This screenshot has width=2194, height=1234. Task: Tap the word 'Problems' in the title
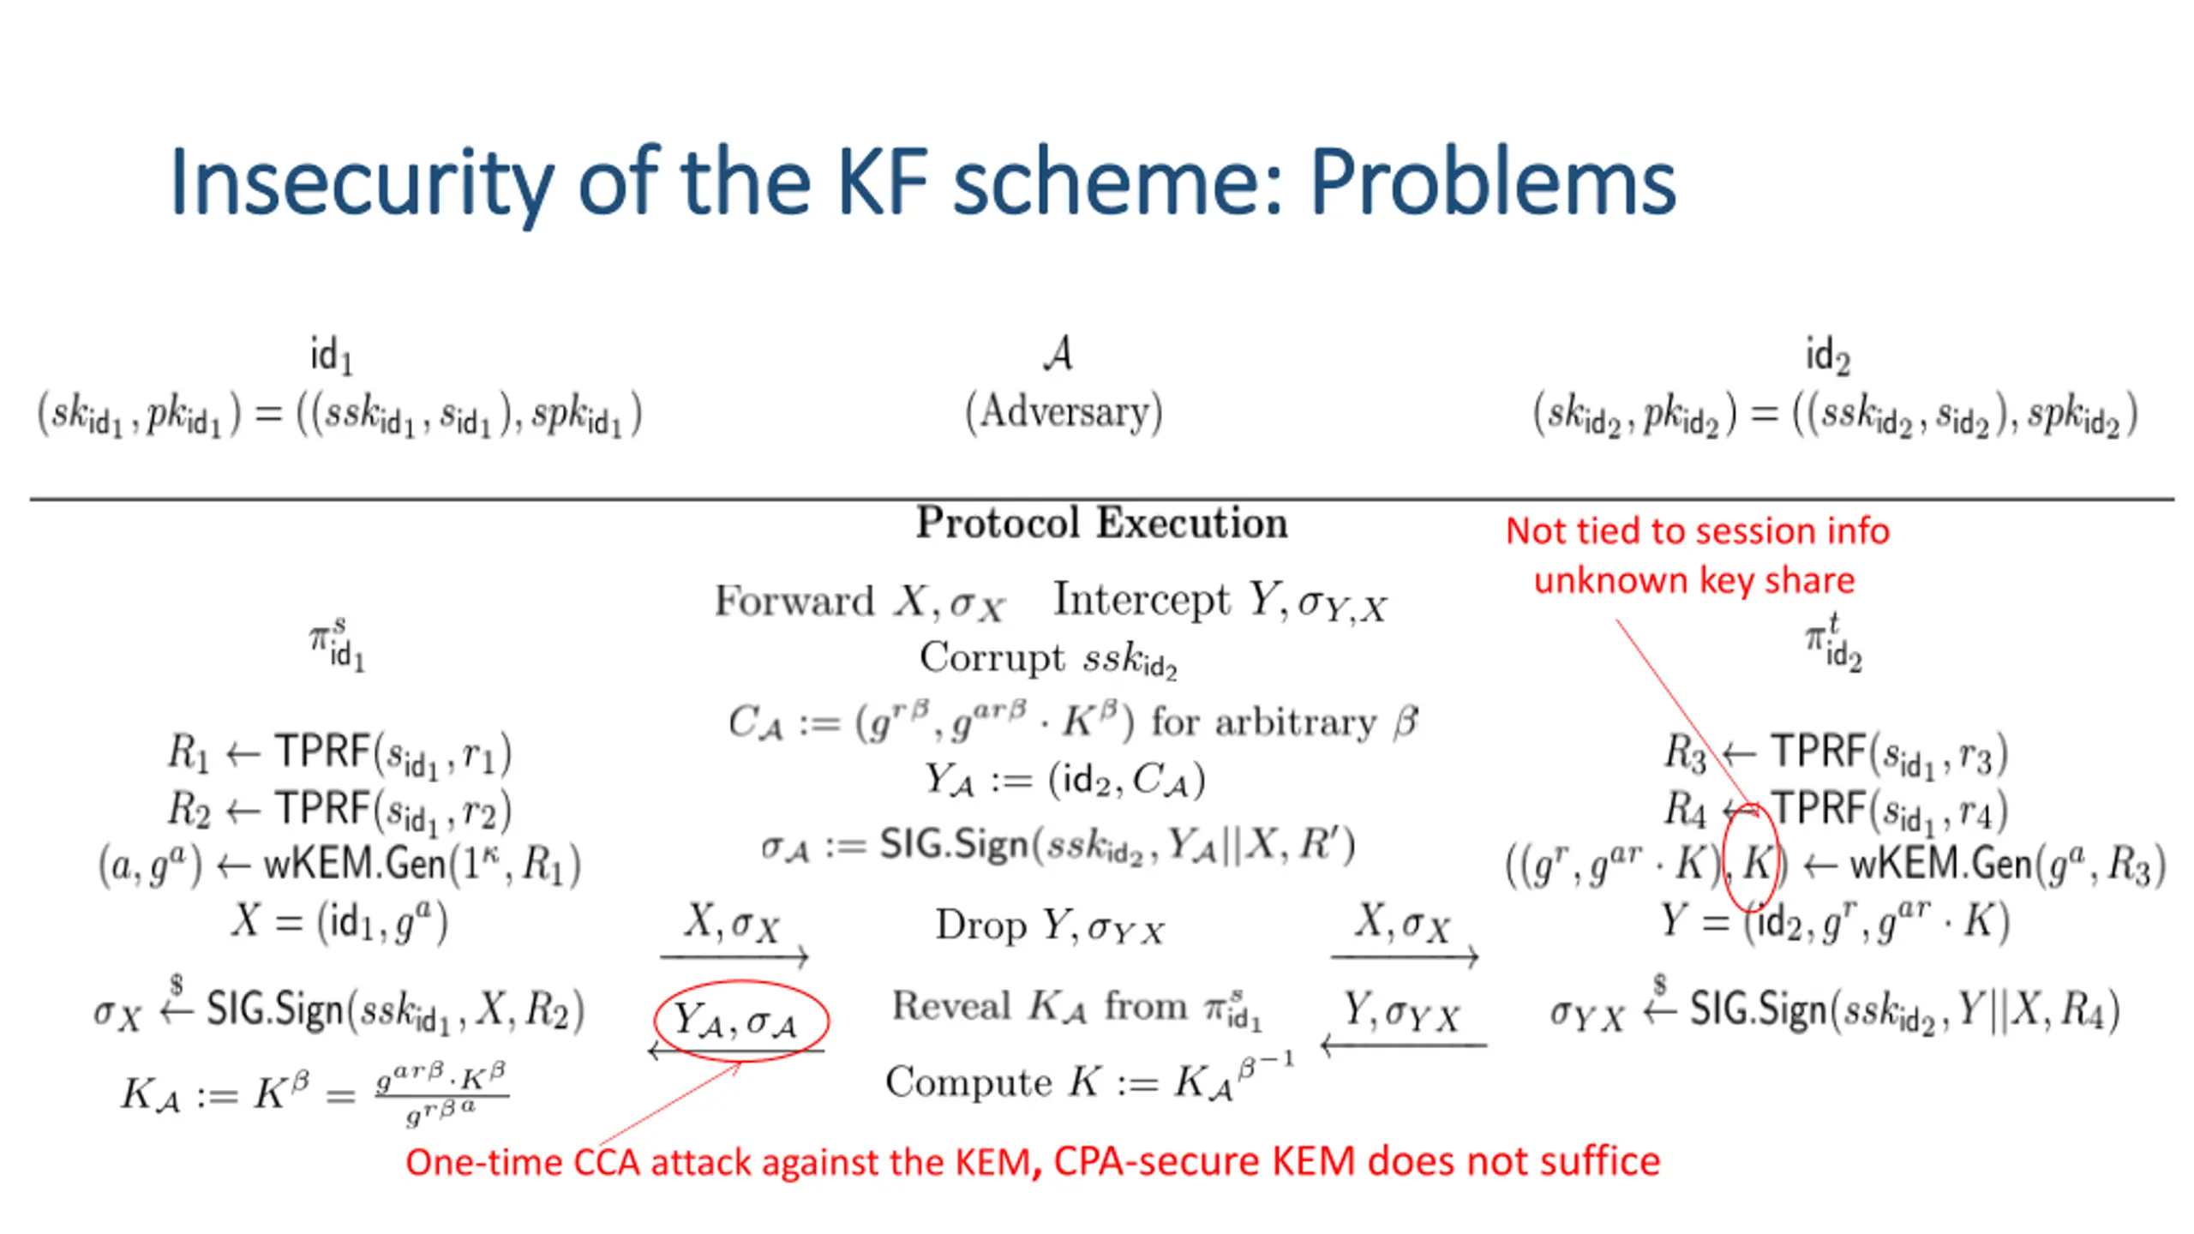click(1492, 183)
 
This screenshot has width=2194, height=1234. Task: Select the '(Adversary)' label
click(1064, 412)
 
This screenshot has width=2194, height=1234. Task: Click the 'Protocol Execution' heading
click(1101, 523)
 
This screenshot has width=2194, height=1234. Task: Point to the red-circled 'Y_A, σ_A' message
click(739, 1021)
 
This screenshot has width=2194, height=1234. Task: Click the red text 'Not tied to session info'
click(1697, 531)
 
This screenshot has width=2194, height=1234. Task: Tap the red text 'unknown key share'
click(1693, 580)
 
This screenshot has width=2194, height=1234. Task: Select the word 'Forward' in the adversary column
click(794, 601)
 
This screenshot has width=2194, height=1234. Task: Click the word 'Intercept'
click(1141, 599)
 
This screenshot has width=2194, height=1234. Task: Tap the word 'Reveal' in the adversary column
click(951, 1006)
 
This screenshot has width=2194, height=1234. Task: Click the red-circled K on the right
click(1753, 862)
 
